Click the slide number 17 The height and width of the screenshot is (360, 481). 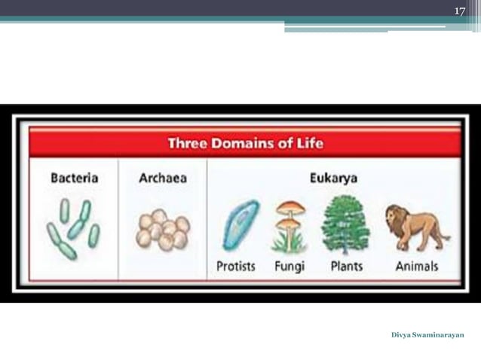(x=460, y=11)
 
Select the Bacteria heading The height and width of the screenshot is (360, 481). (x=74, y=178)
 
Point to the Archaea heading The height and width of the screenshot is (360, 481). (x=162, y=178)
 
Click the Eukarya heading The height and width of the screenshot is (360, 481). (x=333, y=178)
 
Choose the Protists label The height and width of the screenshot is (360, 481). (x=236, y=267)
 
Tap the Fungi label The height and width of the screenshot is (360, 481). (x=290, y=267)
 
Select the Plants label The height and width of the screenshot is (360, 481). (x=346, y=267)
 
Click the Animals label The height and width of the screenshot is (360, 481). (x=416, y=267)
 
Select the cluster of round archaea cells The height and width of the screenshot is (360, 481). (x=163, y=229)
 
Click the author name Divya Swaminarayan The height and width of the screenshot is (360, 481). (x=427, y=334)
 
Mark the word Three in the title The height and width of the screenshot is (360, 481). (x=188, y=142)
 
